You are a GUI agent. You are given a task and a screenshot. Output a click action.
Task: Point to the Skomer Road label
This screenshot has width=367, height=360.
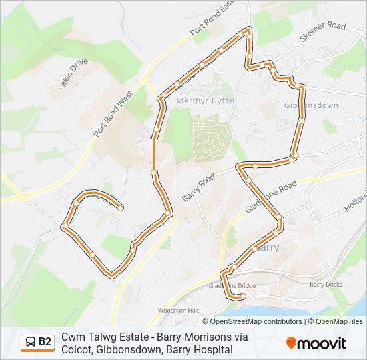tap(323, 33)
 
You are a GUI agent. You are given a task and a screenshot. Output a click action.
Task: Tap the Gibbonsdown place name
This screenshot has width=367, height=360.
tap(311, 105)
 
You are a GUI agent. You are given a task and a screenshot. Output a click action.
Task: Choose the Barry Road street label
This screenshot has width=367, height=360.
tap(198, 189)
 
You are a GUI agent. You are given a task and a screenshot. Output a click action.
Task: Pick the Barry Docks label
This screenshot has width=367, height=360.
tap(326, 285)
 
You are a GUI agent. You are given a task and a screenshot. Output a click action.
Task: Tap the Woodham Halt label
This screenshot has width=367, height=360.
tap(179, 311)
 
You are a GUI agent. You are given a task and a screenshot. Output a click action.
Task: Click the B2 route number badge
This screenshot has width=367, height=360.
tap(45, 342)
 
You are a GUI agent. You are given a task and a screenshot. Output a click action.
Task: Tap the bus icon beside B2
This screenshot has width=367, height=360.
tap(31, 343)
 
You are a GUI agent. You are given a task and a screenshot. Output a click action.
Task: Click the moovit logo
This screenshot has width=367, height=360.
tap(316, 343)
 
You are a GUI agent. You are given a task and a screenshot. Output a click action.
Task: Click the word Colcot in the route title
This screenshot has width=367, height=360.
tap(76, 349)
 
